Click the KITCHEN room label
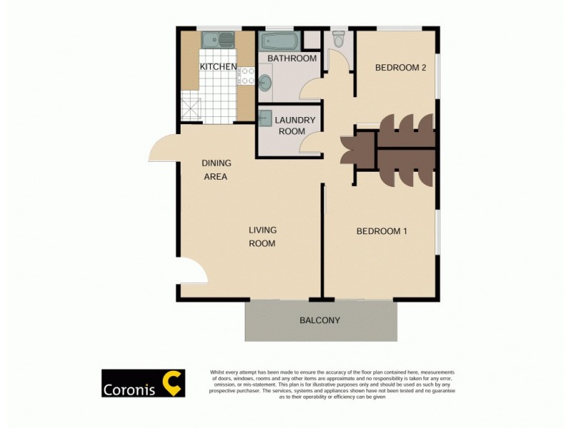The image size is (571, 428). (x=218, y=67)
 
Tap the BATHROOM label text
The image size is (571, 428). (x=292, y=58)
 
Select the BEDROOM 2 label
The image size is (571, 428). (x=400, y=68)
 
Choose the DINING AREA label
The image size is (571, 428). (x=216, y=170)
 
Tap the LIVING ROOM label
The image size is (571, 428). (x=262, y=237)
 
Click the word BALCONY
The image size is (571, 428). (x=320, y=320)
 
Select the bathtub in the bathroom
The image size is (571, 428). (x=275, y=40)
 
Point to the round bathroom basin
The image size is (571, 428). (x=265, y=83)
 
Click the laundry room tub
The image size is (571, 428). (x=266, y=118)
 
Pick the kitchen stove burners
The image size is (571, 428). (x=246, y=75)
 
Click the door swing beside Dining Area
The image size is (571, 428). (x=163, y=149)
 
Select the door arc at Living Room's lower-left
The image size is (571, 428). (x=193, y=272)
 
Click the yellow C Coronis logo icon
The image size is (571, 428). (x=172, y=383)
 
